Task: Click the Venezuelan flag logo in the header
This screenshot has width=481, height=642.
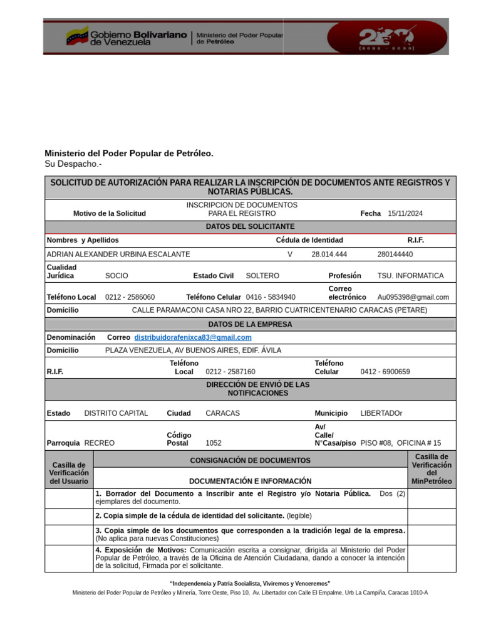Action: click(78, 36)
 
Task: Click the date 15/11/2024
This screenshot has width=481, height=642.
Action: click(405, 214)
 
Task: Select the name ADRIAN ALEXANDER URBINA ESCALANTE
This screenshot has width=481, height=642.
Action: click(118, 255)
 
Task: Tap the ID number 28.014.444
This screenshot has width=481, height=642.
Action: click(329, 255)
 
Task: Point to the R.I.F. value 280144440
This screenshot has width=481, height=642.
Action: click(395, 255)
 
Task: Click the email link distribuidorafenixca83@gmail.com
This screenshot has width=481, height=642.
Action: click(193, 337)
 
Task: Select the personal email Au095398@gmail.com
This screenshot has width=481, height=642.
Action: click(413, 297)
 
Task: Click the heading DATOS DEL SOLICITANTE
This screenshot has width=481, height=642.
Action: click(250, 226)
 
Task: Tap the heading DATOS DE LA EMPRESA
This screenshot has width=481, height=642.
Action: click(250, 324)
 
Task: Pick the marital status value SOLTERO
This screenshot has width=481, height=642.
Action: click(262, 276)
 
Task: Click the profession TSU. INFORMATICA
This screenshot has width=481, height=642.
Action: click(410, 276)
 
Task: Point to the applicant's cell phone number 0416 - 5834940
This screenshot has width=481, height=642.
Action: click(271, 297)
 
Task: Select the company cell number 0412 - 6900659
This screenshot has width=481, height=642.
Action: click(385, 372)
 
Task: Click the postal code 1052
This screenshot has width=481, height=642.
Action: click(214, 443)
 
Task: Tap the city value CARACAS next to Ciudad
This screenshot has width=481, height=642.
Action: click(222, 413)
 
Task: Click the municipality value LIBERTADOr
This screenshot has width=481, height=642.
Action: click(381, 413)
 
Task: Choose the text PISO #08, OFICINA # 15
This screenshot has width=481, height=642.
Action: click(401, 443)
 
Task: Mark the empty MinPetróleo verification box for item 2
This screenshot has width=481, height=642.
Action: click(432, 516)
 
